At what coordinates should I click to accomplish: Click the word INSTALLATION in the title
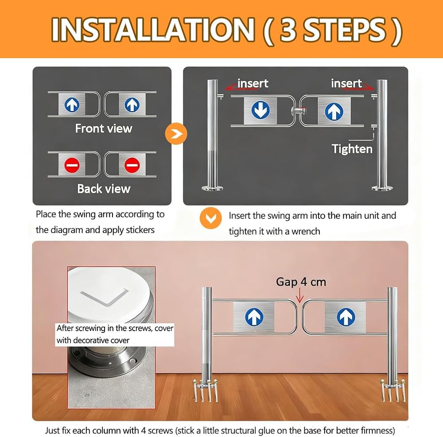pos(153,30)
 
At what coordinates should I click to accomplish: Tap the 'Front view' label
pos(104,129)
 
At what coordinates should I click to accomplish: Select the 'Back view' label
pos(104,189)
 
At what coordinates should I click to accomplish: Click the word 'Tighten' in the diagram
pos(352,149)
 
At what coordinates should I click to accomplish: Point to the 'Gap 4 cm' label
pos(301,282)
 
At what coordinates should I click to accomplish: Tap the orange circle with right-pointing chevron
pos(176,134)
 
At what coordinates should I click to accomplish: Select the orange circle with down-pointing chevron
pos(210,218)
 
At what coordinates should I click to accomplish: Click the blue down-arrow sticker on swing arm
pos(260,110)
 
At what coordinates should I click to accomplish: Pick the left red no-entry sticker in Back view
pos(72,165)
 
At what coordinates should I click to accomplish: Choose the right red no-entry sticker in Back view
pos(132,165)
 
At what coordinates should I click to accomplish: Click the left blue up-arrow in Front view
pos(72,104)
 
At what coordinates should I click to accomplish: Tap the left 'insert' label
pos(253,83)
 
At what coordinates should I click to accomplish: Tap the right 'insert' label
pos(346,83)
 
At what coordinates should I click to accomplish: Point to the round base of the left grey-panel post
pos(212,188)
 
